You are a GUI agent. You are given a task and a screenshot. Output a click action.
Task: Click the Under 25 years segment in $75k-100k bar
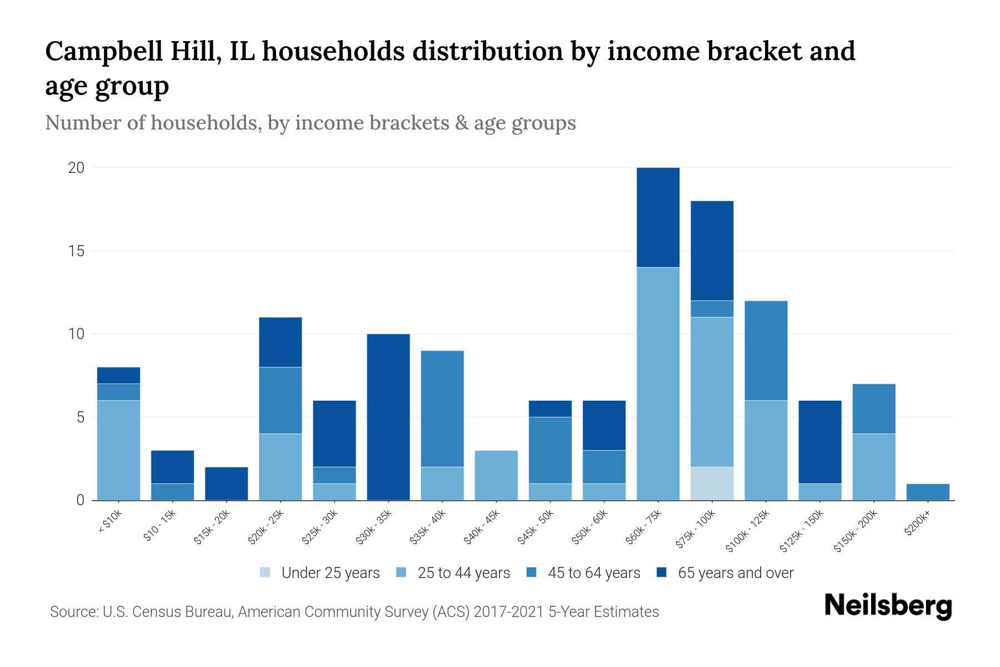coord(712,483)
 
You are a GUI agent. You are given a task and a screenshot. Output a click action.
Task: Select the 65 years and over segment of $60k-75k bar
coord(658,217)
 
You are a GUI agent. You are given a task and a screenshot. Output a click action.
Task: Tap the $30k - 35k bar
coord(388,417)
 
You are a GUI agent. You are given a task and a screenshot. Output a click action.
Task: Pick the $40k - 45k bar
coord(496,475)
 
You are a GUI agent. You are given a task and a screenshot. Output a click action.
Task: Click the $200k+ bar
coord(928,492)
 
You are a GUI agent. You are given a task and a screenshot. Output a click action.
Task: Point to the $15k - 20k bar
coord(227,484)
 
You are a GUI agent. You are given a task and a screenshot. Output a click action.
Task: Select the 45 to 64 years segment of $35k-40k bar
coord(442,409)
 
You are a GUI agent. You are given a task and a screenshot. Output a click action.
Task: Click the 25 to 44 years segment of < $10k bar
coord(118,450)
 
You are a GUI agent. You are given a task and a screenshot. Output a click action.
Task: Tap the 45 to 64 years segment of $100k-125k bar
coord(766,350)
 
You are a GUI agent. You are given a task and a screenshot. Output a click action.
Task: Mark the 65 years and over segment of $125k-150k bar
coord(819,442)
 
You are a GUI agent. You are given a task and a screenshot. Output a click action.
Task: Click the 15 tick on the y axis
coord(77,251)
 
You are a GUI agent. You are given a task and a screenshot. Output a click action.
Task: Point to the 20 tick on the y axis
coord(77,168)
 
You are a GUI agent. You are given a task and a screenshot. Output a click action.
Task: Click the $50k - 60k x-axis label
coord(591,527)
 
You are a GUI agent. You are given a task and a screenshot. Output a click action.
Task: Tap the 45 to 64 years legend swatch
coord(532,573)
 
